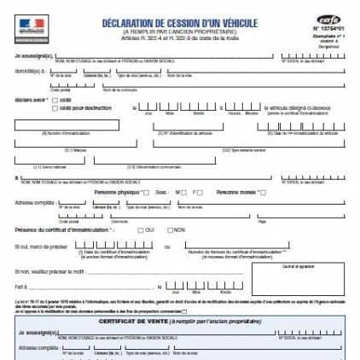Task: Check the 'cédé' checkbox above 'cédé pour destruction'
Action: click(x=55, y=99)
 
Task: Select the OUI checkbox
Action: click(x=140, y=230)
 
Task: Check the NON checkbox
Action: click(x=171, y=230)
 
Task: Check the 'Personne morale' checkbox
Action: click(x=263, y=192)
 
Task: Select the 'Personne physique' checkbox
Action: click(x=146, y=192)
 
